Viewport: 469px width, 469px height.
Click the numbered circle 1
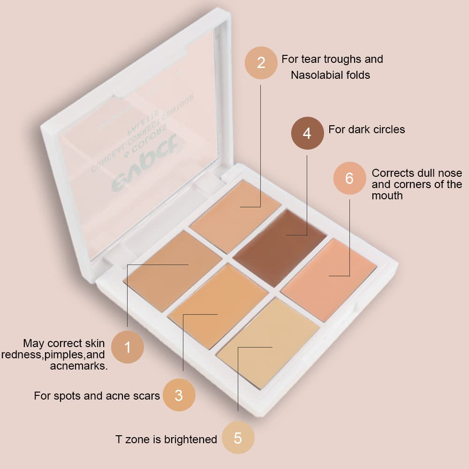(x=128, y=347)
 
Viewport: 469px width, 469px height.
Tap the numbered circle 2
(x=261, y=62)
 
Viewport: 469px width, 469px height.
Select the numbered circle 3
(x=179, y=395)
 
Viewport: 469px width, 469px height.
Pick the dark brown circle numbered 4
(x=307, y=133)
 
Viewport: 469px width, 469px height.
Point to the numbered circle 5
(x=238, y=438)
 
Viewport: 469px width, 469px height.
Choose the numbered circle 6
(x=349, y=178)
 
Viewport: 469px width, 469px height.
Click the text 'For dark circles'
(x=366, y=129)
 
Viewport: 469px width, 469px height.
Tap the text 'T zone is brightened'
(x=166, y=439)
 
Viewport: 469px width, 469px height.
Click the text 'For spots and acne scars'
(x=97, y=396)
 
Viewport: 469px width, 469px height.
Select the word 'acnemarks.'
(x=78, y=366)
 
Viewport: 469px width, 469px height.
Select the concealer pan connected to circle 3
(x=218, y=299)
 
